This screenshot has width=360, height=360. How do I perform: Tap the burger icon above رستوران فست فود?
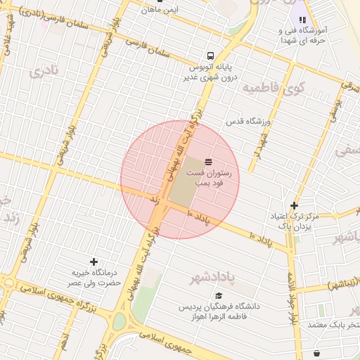pyautogui.click(x=207, y=162)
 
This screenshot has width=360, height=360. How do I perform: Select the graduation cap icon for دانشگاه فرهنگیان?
pyautogui.click(x=219, y=297)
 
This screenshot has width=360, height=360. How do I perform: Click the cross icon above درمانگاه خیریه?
pyautogui.click(x=94, y=262)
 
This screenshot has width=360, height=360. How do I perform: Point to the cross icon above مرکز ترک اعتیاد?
pyautogui.click(x=294, y=205)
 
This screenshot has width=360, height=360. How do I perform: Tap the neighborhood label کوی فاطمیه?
pyautogui.click(x=273, y=88)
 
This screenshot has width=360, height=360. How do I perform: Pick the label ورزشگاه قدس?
pyautogui.click(x=248, y=122)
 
